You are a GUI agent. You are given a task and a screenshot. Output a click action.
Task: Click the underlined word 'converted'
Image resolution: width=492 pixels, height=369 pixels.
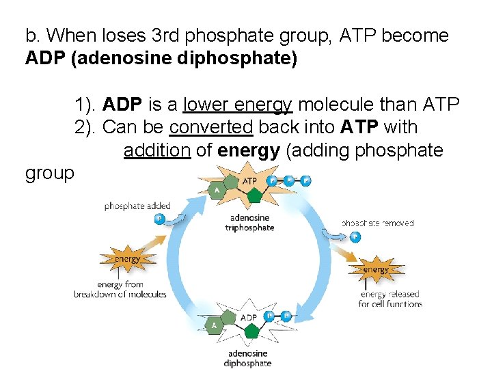(211, 127)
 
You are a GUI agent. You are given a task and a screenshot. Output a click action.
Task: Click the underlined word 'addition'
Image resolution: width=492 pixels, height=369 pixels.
(157, 150)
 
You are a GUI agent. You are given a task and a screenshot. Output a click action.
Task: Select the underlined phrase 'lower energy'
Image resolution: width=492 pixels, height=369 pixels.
(238, 105)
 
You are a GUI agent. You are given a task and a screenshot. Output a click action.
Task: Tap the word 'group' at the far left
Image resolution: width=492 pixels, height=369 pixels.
(49, 174)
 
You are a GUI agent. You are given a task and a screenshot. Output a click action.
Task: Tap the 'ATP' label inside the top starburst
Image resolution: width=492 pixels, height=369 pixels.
(250, 181)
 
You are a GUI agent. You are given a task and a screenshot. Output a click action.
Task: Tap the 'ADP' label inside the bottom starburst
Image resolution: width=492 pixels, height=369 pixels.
(248, 318)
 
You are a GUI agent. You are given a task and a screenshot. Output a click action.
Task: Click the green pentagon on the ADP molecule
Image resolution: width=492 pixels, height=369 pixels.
(251, 331)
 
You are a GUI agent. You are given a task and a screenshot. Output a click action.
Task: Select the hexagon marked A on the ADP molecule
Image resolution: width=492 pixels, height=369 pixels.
(214, 325)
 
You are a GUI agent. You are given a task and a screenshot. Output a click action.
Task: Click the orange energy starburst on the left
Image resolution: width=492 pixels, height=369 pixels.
(127, 258)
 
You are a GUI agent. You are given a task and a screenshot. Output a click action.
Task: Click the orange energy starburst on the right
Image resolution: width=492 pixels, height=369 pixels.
(376, 269)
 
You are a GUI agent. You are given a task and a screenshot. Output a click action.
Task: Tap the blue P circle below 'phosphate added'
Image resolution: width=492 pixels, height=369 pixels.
(159, 219)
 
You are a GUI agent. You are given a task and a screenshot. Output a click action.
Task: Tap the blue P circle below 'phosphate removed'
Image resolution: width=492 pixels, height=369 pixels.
(354, 237)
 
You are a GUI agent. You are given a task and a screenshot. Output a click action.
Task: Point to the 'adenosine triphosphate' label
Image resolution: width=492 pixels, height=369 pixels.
(249, 223)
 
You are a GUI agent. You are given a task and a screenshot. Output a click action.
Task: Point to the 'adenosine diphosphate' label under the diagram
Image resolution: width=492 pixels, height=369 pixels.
(247, 359)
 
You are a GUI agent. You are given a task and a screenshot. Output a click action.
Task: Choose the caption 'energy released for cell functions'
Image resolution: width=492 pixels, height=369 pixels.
(390, 299)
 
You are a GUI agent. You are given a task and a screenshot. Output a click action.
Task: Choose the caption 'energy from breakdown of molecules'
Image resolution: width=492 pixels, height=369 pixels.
(120, 290)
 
